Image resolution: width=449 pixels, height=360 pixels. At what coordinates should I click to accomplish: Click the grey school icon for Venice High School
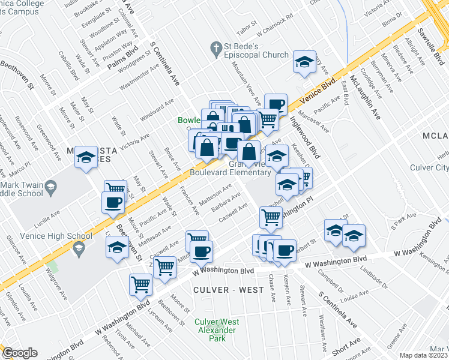tap(78, 247)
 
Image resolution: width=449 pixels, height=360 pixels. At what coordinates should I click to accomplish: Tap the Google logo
tap(19, 353)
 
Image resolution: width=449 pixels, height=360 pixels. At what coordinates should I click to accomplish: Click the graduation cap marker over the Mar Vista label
tap(86, 157)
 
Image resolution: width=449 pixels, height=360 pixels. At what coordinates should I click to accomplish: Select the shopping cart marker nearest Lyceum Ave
tap(141, 284)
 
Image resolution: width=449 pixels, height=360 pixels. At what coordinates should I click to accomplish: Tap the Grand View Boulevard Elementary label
tap(231, 168)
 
